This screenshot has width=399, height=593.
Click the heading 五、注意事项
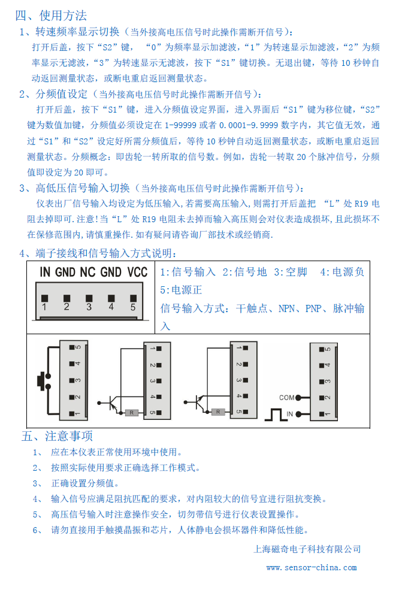point(58,435)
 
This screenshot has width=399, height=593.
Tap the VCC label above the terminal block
point(137,272)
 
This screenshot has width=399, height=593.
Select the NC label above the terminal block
point(87,272)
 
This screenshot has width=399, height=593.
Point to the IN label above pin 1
point(45,272)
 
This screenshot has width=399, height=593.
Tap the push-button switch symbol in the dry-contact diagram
point(43,380)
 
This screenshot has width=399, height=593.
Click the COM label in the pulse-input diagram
point(286,397)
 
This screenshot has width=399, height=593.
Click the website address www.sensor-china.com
point(312,568)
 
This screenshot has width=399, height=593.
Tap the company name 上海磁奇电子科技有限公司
point(308,549)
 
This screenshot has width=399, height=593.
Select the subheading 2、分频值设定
point(53,94)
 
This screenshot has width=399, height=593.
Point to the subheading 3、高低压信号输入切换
point(74,187)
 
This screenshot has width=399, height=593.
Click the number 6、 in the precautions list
point(38,530)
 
